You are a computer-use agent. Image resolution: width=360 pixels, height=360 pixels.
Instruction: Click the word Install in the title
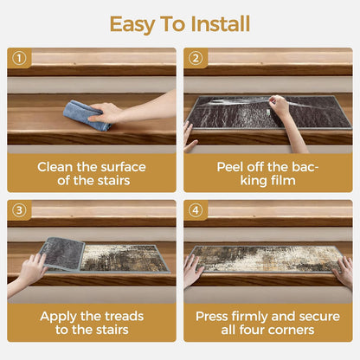(220, 23)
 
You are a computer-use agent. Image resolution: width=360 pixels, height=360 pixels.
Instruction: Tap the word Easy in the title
(132, 25)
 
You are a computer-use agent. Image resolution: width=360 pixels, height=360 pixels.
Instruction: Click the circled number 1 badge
(19, 59)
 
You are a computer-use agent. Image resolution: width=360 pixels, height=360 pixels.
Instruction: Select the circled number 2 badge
(196, 59)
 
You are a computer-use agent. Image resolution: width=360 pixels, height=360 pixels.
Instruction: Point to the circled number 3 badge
(19, 210)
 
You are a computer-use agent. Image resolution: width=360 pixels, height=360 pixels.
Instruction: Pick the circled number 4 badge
(196, 210)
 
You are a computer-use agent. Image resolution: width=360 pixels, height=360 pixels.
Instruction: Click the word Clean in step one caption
(55, 167)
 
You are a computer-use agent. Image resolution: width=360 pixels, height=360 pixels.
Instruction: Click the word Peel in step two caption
(229, 167)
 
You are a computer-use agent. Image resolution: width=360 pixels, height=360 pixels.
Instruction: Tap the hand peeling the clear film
(279, 106)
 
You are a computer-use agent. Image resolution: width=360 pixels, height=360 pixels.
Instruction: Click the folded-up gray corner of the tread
(62, 254)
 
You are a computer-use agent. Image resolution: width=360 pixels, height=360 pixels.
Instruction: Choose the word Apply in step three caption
(59, 317)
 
